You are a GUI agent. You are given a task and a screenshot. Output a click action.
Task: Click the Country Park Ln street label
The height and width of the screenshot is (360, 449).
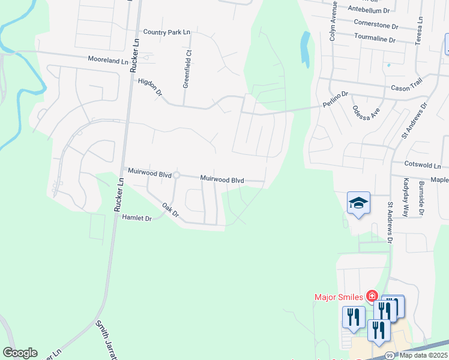pyautogui.click(x=166, y=32)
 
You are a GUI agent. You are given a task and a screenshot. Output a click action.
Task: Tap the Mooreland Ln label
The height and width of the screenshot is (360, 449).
pyautogui.click(x=108, y=61)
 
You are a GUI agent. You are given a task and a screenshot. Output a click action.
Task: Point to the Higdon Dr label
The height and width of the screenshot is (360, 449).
pyautogui.click(x=150, y=87)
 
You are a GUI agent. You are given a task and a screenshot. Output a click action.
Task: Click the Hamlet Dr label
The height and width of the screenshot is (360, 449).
pyautogui.click(x=137, y=218)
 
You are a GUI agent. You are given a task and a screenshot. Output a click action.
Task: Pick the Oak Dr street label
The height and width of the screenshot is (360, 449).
pyautogui.click(x=171, y=210)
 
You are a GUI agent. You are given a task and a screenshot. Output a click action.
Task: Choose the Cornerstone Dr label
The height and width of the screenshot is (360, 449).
pyautogui.click(x=376, y=26)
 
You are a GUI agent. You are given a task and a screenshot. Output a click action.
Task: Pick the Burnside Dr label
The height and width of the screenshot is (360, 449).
pyautogui.click(x=422, y=198)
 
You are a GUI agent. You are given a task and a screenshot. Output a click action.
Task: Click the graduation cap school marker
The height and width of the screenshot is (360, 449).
pyautogui.click(x=358, y=203)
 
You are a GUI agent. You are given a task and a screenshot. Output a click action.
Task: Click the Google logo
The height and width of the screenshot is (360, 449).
pyautogui.click(x=20, y=353)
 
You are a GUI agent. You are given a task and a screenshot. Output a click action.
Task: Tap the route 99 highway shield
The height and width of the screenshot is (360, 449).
pyautogui.click(x=389, y=355)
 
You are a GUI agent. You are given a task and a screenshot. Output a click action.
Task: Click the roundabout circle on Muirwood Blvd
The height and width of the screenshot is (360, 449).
pyautogui.click(x=176, y=175)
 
